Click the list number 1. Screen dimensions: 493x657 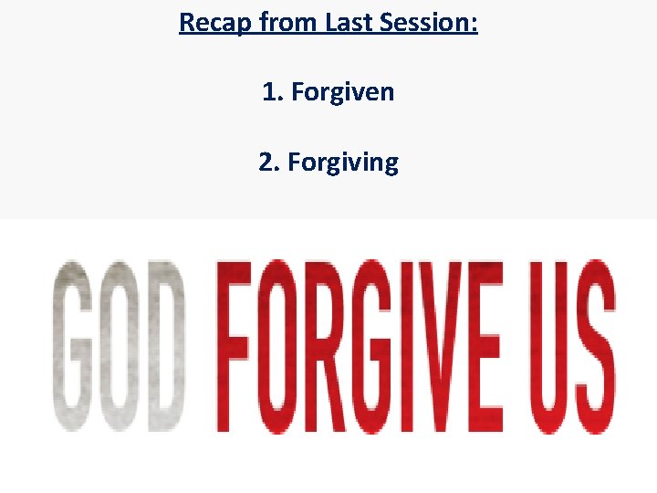(x=271, y=91)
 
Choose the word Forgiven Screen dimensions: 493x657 (x=343, y=91)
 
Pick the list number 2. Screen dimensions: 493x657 (x=268, y=163)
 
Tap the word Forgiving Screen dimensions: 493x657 (x=343, y=163)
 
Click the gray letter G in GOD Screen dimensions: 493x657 (x=75, y=345)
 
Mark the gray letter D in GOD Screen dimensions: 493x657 (x=165, y=345)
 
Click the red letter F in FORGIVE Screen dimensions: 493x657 (x=234, y=345)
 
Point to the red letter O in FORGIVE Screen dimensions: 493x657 (x=278, y=345)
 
